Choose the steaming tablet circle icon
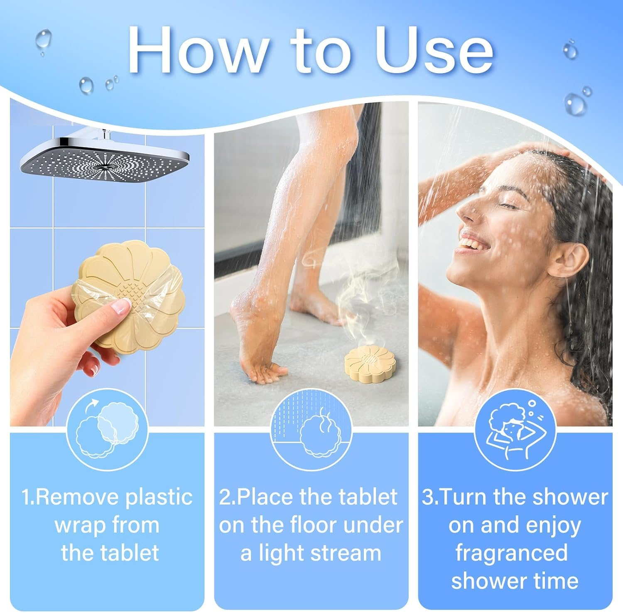point(311,431)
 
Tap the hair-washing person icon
point(515,431)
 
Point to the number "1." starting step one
point(28,497)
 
